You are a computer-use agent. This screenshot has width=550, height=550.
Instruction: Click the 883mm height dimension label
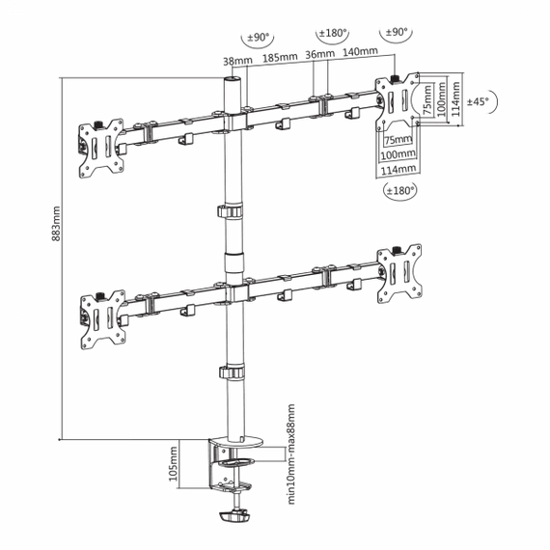56,224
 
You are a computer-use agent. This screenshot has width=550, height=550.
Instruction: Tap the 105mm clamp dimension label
174,464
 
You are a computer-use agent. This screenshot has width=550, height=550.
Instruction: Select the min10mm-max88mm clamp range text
291,454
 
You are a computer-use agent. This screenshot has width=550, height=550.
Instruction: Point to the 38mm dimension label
237,61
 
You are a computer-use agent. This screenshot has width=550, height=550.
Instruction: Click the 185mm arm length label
280,57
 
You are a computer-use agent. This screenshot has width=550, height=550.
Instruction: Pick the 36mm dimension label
319,54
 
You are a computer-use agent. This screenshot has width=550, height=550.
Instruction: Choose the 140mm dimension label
360,51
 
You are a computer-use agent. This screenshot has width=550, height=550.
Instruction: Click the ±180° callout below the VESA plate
400,191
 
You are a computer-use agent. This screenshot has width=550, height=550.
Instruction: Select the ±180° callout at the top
332,34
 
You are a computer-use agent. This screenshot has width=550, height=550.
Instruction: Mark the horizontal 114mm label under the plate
399,170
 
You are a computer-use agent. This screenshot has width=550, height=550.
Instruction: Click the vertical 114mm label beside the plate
455,99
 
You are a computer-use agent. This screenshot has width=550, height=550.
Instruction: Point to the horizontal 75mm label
399,140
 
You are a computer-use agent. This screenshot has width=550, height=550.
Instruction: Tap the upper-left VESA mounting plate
101,148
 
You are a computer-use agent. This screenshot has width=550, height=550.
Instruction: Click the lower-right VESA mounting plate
399,274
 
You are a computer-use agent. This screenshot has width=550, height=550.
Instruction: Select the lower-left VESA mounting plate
103,319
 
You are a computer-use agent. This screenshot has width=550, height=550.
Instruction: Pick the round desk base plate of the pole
235,442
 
